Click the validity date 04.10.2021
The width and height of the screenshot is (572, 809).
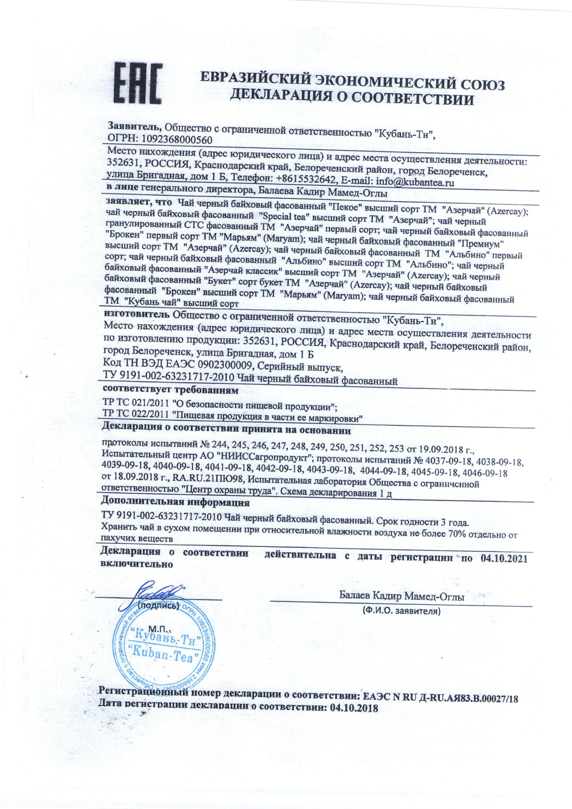[500, 558]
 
